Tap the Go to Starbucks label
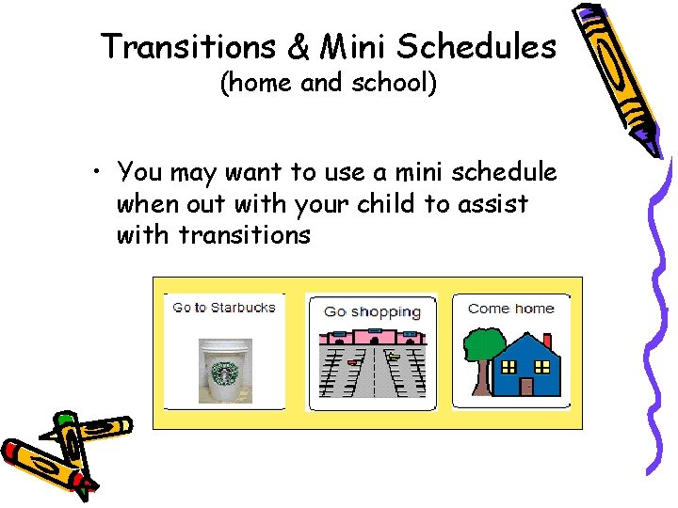(x=224, y=308)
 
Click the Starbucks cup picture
(x=225, y=371)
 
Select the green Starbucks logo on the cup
(x=225, y=373)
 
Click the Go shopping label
(x=372, y=311)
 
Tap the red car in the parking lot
(x=353, y=362)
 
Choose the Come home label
(x=510, y=309)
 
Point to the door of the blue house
(x=526, y=385)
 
